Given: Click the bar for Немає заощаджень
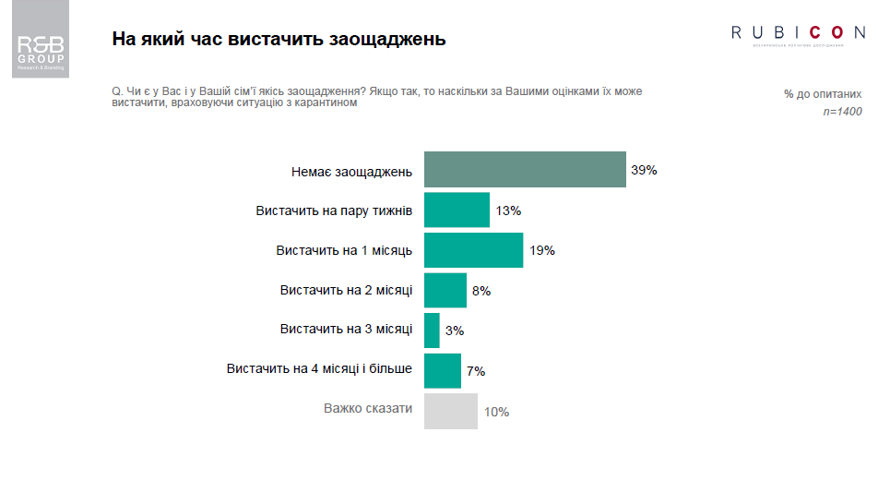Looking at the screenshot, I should (x=525, y=170).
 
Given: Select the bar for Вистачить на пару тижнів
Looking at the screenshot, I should (x=457, y=210).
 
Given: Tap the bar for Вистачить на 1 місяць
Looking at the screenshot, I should (x=473, y=250).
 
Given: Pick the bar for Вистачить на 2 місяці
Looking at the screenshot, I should (x=445, y=291).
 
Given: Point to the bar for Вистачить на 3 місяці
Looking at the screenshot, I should (x=432, y=331).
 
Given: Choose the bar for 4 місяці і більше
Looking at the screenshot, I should (x=442, y=371).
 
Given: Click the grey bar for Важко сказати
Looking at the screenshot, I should (x=451, y=411).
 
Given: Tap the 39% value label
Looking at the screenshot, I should (x=644, y=171).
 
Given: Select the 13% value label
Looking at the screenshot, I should (x=508, y=210).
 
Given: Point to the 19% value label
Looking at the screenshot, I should (x=541, y=251).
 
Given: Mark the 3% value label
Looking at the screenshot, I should (x=454, y=331).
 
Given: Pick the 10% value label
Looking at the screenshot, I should (x=496, y=412).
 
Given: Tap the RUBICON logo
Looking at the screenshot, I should (x=799, y=33).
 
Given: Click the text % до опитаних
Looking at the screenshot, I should (x=823, y=94).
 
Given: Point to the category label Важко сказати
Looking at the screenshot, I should (x=367, y=408).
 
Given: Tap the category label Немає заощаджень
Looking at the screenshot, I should (x=351, y=171).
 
